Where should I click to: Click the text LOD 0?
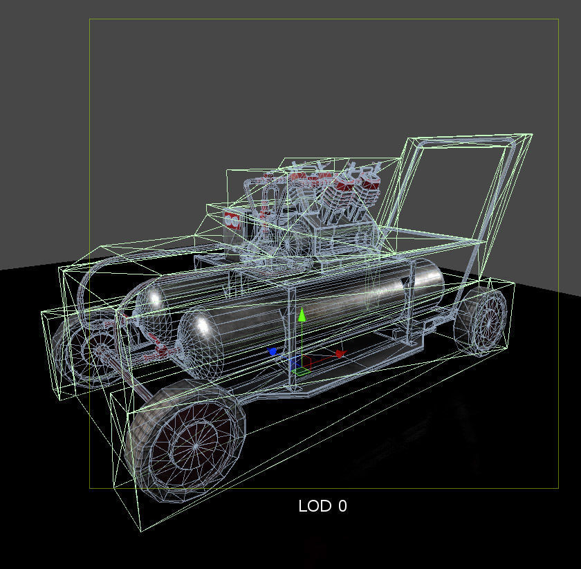[322, 506]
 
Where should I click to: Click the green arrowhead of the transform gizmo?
[302, 316]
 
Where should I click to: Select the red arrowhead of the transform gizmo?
[340, 353]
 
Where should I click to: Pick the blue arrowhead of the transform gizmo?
[273, 352]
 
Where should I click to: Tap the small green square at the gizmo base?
[299, 372]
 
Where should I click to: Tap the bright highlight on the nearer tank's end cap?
[200, 326]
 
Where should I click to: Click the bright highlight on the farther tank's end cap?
[156, 298]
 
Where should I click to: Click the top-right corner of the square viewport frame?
[558, 19]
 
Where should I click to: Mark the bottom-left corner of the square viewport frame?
[89, 488]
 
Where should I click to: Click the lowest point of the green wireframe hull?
[141, 531]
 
